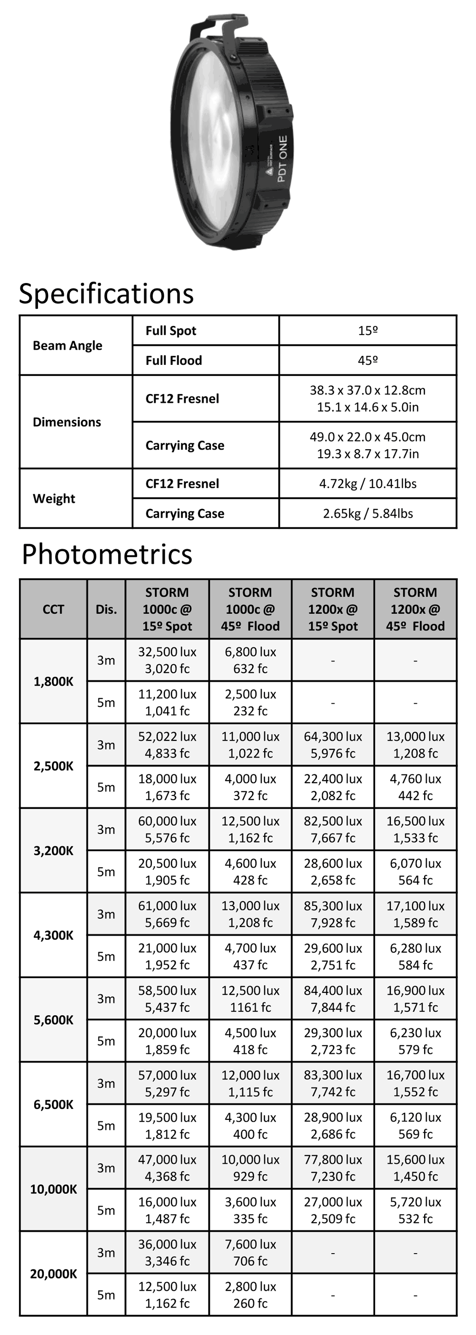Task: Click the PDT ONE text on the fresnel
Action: (283, 158)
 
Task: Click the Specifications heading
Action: (106, 294)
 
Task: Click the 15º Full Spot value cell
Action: (367, 331)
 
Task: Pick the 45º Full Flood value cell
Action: (367, 360)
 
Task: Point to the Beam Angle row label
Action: (68, 346)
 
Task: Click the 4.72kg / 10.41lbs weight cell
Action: (367, 483)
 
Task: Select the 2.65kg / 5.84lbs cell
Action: (367, 513)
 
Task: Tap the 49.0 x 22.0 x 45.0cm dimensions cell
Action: (367, 445)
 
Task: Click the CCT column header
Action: (53, 609)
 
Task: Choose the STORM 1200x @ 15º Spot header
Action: (333, 609)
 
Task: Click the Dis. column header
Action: (106, 609)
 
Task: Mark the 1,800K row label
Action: (53, 681)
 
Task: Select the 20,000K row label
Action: (53, 1274)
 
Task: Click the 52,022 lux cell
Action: (167, 745)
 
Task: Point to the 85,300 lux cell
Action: (333, 914)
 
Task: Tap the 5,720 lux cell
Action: (416, 1210)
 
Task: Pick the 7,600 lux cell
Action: (250, 1253)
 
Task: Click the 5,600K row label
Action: (53, 1020)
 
